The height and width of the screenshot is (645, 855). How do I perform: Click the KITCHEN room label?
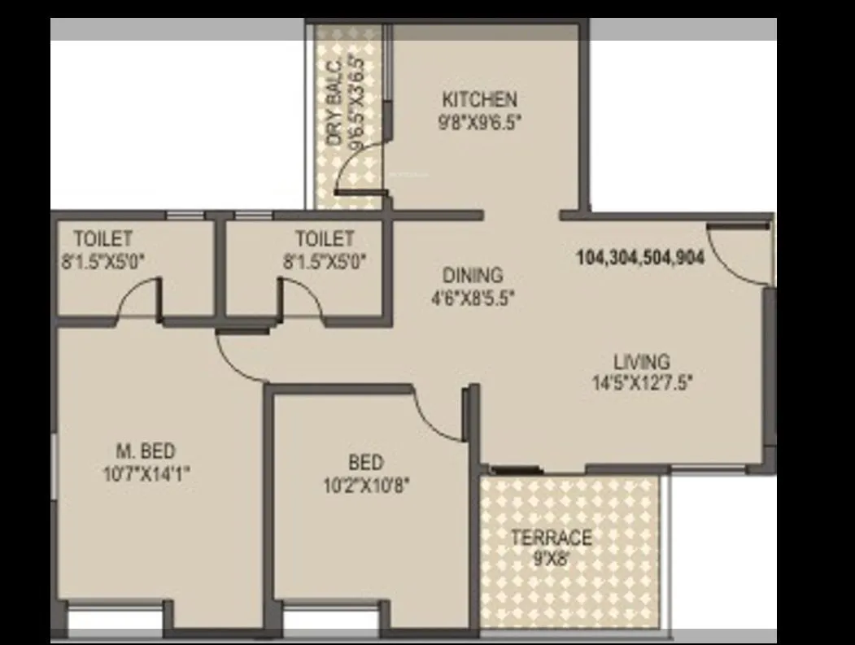479,100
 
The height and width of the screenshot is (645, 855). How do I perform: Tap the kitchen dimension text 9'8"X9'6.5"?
479,123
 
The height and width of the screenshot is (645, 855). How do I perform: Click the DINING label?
473,275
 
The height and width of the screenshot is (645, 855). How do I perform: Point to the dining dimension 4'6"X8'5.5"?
473,298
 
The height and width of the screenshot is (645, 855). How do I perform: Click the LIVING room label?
642,360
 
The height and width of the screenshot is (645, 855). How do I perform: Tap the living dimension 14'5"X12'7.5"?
642,382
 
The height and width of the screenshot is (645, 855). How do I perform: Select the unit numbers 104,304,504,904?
640,258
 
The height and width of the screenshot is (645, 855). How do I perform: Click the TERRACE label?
551,538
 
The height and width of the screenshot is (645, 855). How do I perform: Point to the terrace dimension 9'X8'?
551,560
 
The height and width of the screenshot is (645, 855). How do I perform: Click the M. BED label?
146,451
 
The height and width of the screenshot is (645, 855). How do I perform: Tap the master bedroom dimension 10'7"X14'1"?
146,473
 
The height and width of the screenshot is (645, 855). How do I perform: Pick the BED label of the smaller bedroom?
365,463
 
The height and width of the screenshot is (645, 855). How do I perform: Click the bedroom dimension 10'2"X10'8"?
366,486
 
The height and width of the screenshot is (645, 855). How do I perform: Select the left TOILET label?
103,238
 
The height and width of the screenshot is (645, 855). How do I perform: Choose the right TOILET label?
325,238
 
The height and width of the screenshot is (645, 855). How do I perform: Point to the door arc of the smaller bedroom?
439,415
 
